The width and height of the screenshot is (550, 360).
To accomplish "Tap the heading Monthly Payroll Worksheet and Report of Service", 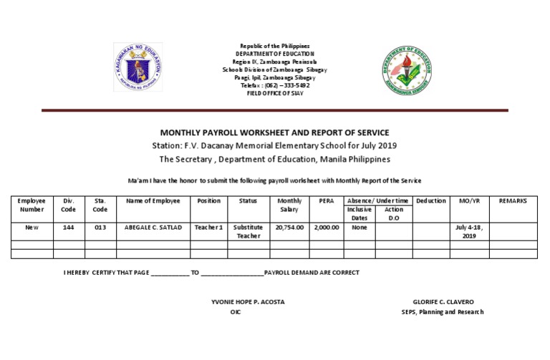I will coord(274,132).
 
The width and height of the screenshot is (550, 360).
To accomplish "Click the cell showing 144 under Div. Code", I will coord(69,227).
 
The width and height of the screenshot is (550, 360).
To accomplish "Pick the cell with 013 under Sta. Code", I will coord(100,227).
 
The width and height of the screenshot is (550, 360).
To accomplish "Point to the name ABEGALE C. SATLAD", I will coord(153,227).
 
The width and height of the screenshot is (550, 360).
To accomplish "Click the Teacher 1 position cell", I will coord(208,227).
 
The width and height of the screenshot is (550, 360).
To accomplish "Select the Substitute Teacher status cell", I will coord(249,231).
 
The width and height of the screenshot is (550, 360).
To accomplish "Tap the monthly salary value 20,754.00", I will coord(289,227).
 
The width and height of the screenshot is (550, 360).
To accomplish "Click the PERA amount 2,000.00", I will coord(326,227).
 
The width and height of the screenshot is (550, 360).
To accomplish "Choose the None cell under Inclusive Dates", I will coord(359,227).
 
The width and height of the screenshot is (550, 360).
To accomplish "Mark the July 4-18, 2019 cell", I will coord(469,231).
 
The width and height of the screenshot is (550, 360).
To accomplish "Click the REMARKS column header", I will coord(512,201).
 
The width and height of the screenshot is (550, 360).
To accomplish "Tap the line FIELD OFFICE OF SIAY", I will coord(275,93).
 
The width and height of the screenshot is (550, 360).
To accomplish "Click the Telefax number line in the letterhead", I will coord(275,85).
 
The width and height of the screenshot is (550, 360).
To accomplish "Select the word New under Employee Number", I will coord(32,227).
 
